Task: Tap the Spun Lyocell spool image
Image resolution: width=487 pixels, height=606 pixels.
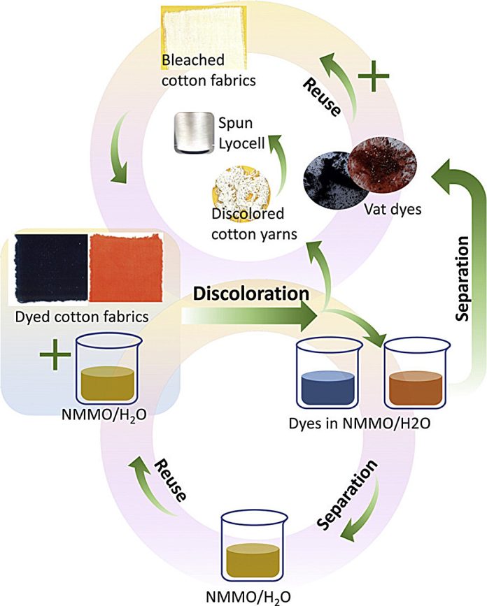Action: (192, 132)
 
